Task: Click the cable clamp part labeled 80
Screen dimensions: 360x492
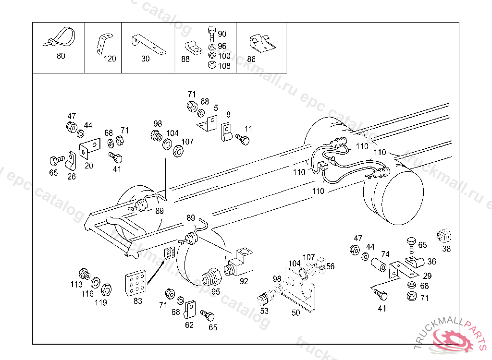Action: tap(60, 37)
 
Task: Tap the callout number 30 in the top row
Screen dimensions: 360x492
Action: tap(146, 59)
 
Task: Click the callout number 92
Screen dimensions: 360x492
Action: tap(244, 281)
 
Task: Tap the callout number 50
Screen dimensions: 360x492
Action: tap(296, 312)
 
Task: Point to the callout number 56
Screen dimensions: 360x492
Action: tap(330, 266)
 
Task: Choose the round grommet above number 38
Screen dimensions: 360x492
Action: tap(445, 235)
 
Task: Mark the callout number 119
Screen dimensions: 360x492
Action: tap(100, 303)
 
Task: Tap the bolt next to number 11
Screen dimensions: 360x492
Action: tap(243, 140)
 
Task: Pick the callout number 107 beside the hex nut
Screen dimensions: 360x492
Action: tap(187, 142)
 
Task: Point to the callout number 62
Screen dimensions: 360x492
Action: tap(189, 325)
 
